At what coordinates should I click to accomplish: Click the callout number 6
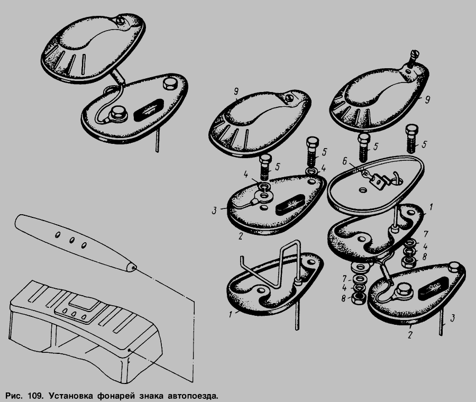[344, 161]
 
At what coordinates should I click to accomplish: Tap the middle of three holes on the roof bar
[72, 240]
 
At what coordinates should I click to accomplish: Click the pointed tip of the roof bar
[134, 268]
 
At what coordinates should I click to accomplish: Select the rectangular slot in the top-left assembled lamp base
[149, 109]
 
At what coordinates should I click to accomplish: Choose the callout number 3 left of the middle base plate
[214, 210]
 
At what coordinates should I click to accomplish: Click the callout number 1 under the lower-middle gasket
[231, 314]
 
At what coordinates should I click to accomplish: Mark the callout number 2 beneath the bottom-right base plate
[410, 335]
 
